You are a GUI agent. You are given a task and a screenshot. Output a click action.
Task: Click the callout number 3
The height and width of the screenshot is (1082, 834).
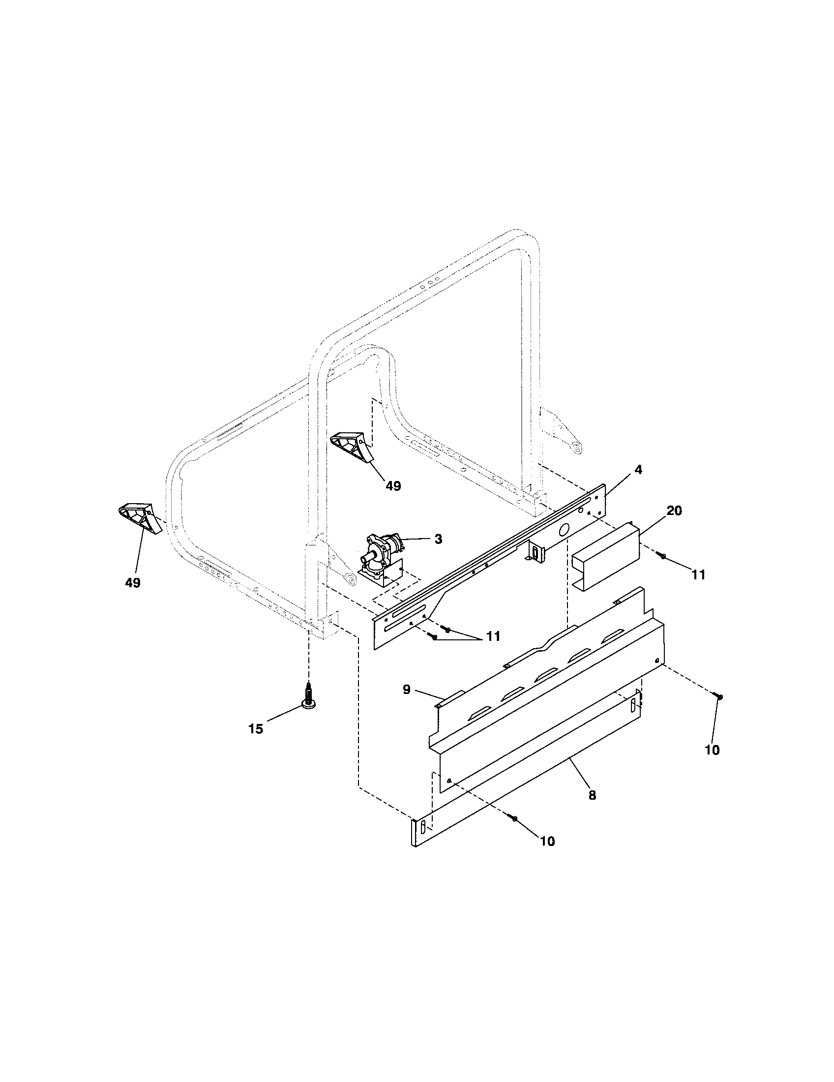point(438,540)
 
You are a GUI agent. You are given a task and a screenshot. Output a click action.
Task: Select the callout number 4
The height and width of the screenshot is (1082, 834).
point(638,470)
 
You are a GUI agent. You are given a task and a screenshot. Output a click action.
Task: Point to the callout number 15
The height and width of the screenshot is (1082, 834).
point(256,729)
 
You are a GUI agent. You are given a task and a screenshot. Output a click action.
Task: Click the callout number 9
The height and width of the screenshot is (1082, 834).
point(406,689)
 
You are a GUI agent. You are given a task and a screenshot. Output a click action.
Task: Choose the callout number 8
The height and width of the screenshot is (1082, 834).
point(593,795)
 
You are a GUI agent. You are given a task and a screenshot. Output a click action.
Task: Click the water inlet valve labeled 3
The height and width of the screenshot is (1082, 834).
point(383,557)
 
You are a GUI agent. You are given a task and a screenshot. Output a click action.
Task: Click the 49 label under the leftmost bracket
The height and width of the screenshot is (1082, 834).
point(133,583)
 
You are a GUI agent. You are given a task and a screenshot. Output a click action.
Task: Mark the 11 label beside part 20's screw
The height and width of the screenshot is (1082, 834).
point(698,574)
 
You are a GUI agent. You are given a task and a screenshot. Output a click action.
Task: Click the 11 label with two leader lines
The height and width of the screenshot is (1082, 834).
point(493,636)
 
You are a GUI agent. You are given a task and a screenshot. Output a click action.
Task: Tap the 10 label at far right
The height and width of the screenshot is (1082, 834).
point(712,750)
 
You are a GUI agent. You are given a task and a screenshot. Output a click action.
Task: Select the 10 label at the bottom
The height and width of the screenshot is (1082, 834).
point(548,841)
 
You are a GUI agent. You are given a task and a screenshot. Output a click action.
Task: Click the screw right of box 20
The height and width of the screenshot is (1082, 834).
point(663,556)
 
